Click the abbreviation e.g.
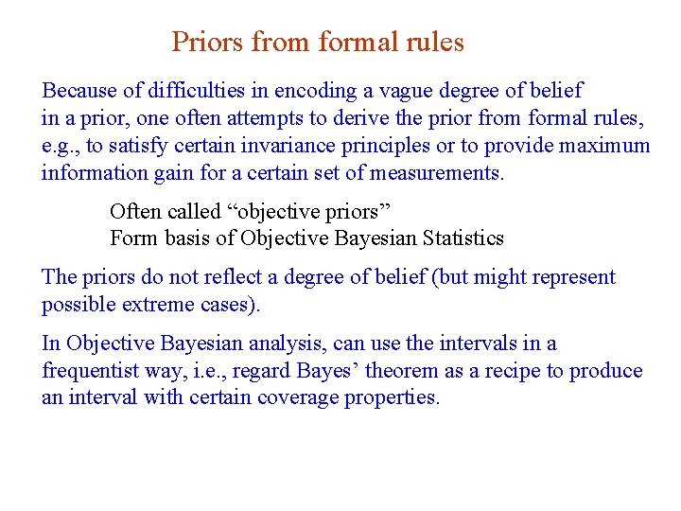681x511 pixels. coord(60,147)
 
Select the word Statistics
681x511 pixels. coord(459,238)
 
